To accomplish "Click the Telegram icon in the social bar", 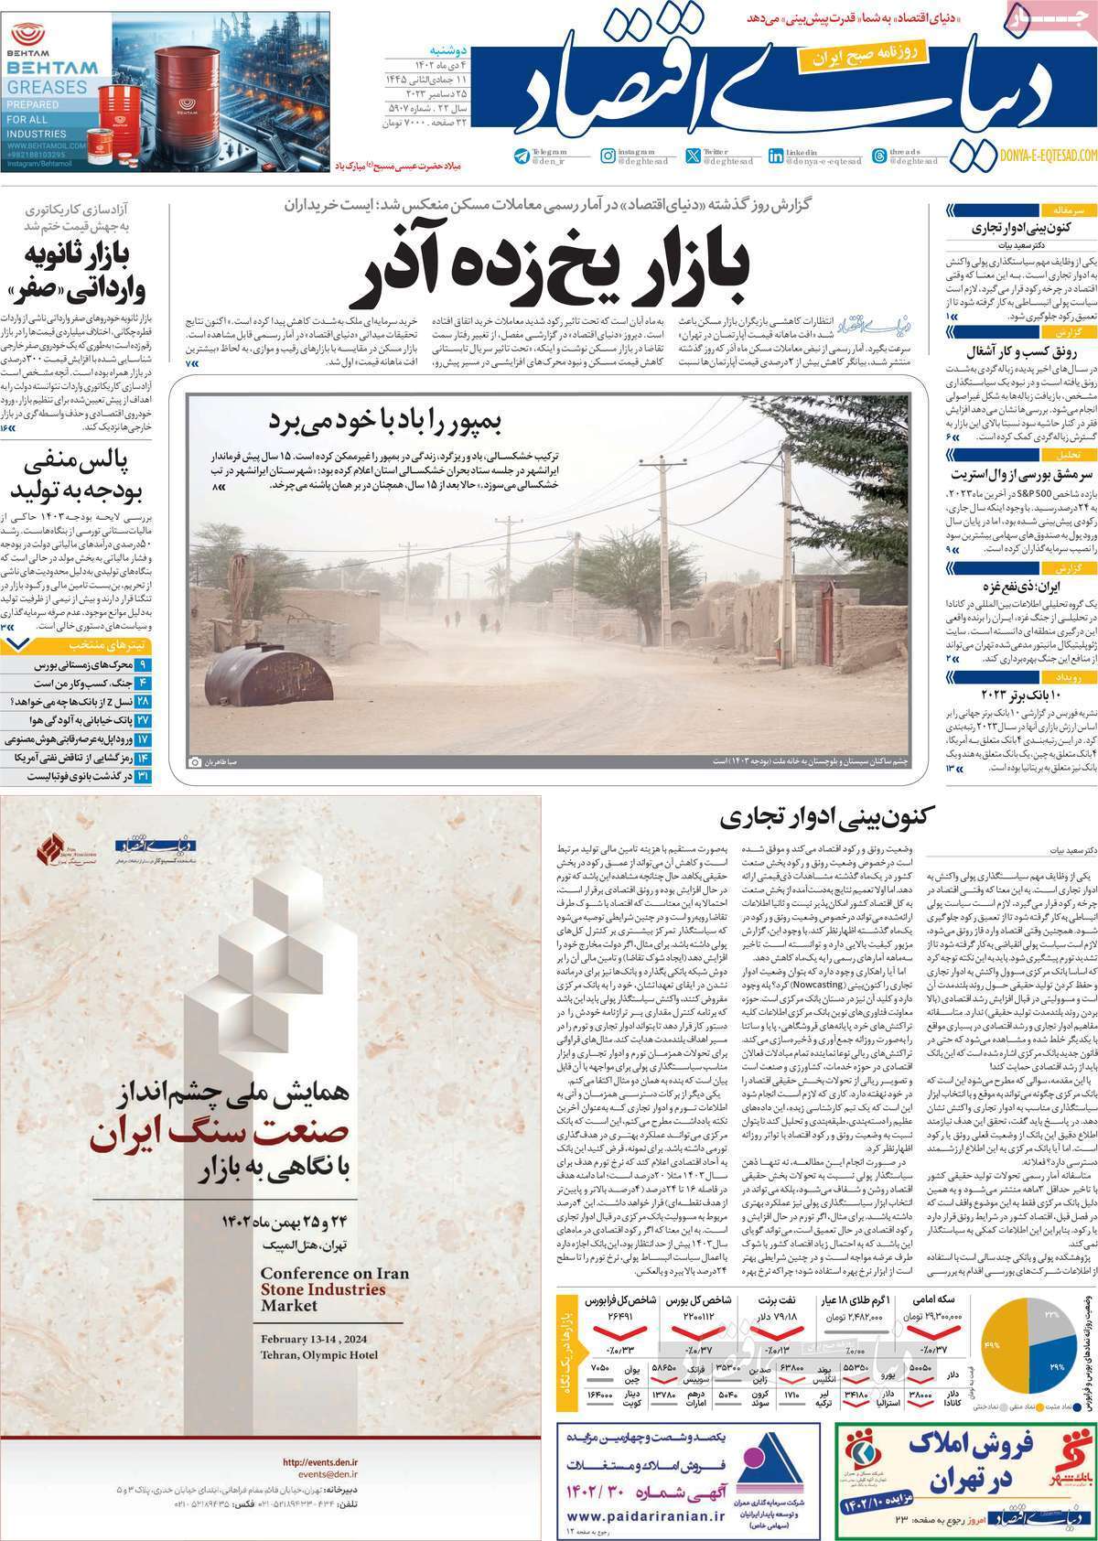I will (521, 156).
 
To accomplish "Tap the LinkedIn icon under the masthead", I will (776, 156).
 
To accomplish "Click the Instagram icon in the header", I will (608, 156).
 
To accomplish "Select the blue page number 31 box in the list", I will (143, 775).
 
